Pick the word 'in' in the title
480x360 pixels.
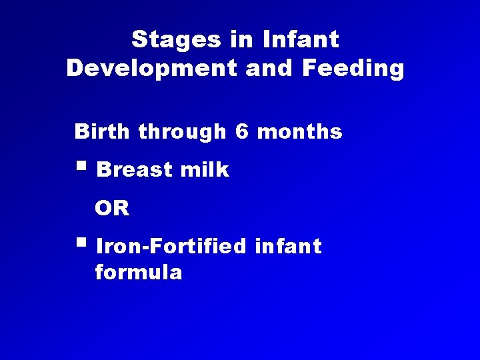click(x=241, y=39)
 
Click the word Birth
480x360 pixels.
click(x=103, y=132)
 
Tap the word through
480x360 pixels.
click(x=182, y=132)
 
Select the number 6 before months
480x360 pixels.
click(x=241, y=132)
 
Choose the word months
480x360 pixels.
click(x=299, y=132)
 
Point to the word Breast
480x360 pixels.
click(x=135, y=170)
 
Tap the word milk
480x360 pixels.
click(x=205, y=170)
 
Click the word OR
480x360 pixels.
click(x=112, y=209)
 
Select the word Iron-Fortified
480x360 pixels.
click(x=171, y=247)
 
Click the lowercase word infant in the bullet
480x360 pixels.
click(x=288, y=247)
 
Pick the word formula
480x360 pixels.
click(x=139, y=273)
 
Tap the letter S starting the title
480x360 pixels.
click(x=139, y=39)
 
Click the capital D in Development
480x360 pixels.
click(x=75, y=69)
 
